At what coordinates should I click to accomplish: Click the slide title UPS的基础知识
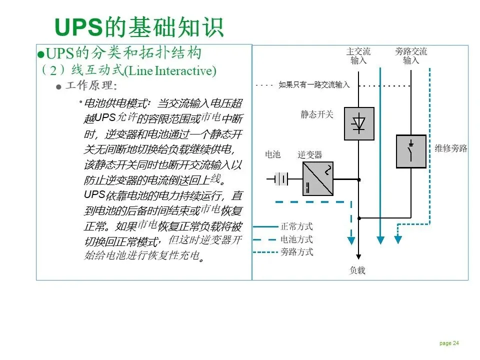click(x=138, y=27)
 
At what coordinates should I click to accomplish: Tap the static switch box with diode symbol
click(x=359, y=123)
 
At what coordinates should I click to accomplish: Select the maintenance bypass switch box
click(x=411, y=151)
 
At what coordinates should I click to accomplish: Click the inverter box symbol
click(x=318, y=178)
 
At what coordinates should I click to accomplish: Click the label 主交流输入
click(x=358, y=56)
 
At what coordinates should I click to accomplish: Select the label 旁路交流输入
click(x=411, y=56)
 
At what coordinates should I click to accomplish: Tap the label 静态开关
click(x=316, y=114)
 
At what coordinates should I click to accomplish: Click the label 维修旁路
click(x=450, y=148)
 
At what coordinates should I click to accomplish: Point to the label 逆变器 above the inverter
click(x=310, y=154)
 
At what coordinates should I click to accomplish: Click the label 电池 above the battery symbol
click(x=272, y=154)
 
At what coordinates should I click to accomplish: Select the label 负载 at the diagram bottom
click(x=357, y=270)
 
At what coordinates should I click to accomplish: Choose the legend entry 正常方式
click(x=296, y=227)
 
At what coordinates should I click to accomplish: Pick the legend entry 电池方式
click(x=296, y=239)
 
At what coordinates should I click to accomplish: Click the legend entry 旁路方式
click(x=296, y=252)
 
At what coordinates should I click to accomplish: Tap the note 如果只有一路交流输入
click(x=314, y=85)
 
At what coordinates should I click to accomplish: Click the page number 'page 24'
click(x=449, y=343)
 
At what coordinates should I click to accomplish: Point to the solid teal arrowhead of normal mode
click(x=380, y=240)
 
